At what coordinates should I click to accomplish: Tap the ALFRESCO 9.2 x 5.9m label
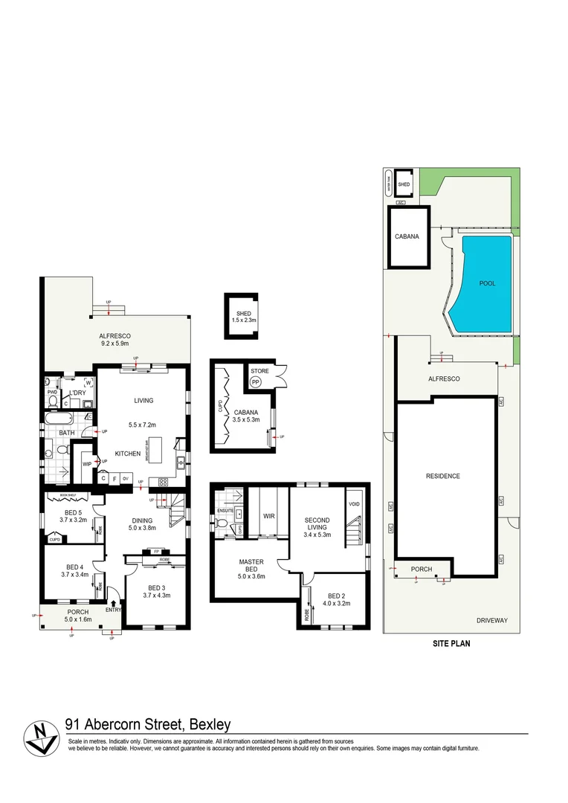pos(114,339)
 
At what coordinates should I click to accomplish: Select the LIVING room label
pos(143,401)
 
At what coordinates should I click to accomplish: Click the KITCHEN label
pos(128,453)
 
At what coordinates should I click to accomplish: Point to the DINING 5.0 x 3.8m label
pos(142,524)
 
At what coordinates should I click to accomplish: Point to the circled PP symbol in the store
pos(256,381)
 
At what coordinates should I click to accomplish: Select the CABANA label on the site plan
pos(407,236)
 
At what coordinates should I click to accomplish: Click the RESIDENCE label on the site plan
pos(442,476)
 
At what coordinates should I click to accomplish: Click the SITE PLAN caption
pos(451,645)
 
